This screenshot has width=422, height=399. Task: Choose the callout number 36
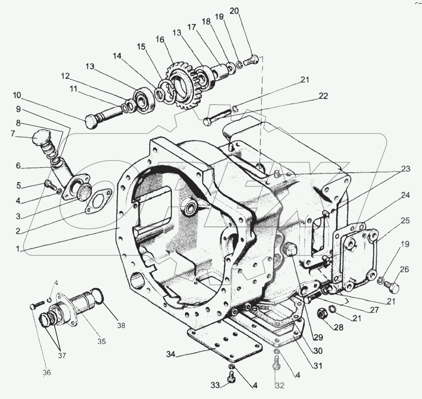(47, 373)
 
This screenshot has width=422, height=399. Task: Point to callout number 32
(279, 385)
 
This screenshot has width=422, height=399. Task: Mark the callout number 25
(405, 220)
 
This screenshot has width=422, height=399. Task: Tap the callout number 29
(318, 338)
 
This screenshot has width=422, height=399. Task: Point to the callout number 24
(405, 196)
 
